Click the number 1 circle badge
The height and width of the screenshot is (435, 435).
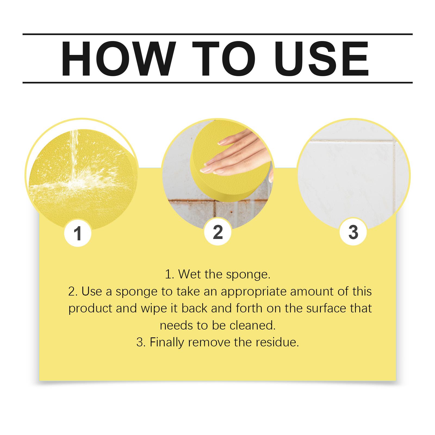point(78,233)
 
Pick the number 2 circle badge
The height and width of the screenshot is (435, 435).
point(218,232)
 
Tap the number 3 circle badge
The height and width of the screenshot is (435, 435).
point(353,232)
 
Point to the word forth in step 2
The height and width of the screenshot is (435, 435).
point(250,308)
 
